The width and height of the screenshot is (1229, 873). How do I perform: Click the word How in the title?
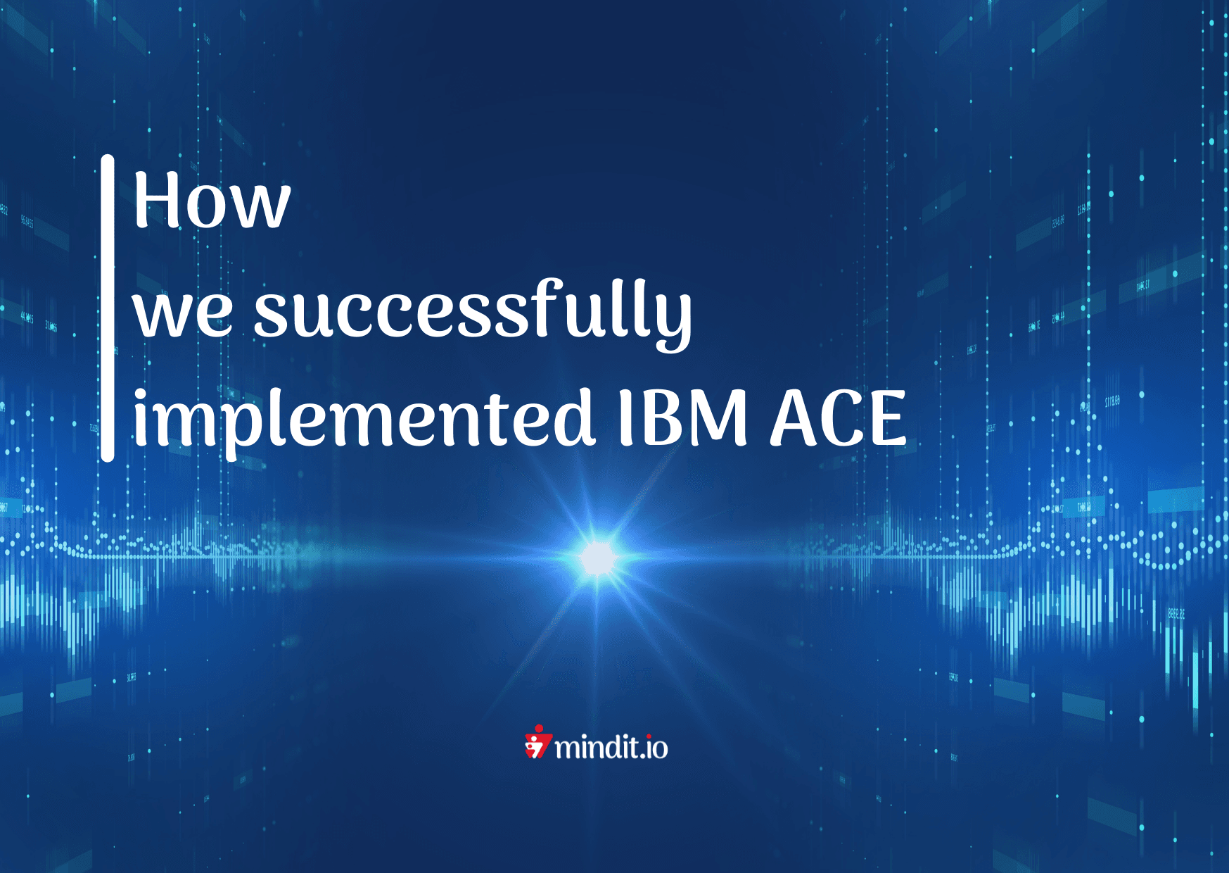(x=212, y=201)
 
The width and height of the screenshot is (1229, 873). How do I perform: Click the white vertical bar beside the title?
(x=108, y=308)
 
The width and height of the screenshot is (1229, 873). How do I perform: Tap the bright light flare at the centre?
(x=598, y=558)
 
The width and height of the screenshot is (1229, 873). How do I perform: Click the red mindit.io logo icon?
(x=537, y=743)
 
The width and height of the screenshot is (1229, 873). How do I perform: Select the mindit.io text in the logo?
(x=611, y=747)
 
